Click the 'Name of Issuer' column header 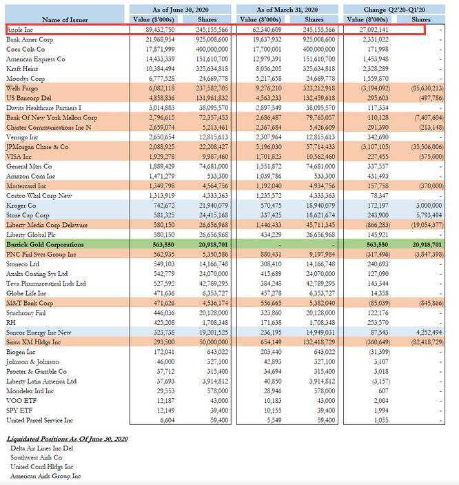65,19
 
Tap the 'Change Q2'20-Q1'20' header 398,9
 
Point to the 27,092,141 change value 369,30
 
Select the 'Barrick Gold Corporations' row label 45,244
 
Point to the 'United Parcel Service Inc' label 39,419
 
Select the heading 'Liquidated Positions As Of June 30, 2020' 66,439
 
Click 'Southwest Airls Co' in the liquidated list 37,457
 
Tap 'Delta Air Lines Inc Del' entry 41,448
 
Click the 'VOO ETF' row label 20,400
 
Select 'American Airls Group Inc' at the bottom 45,476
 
